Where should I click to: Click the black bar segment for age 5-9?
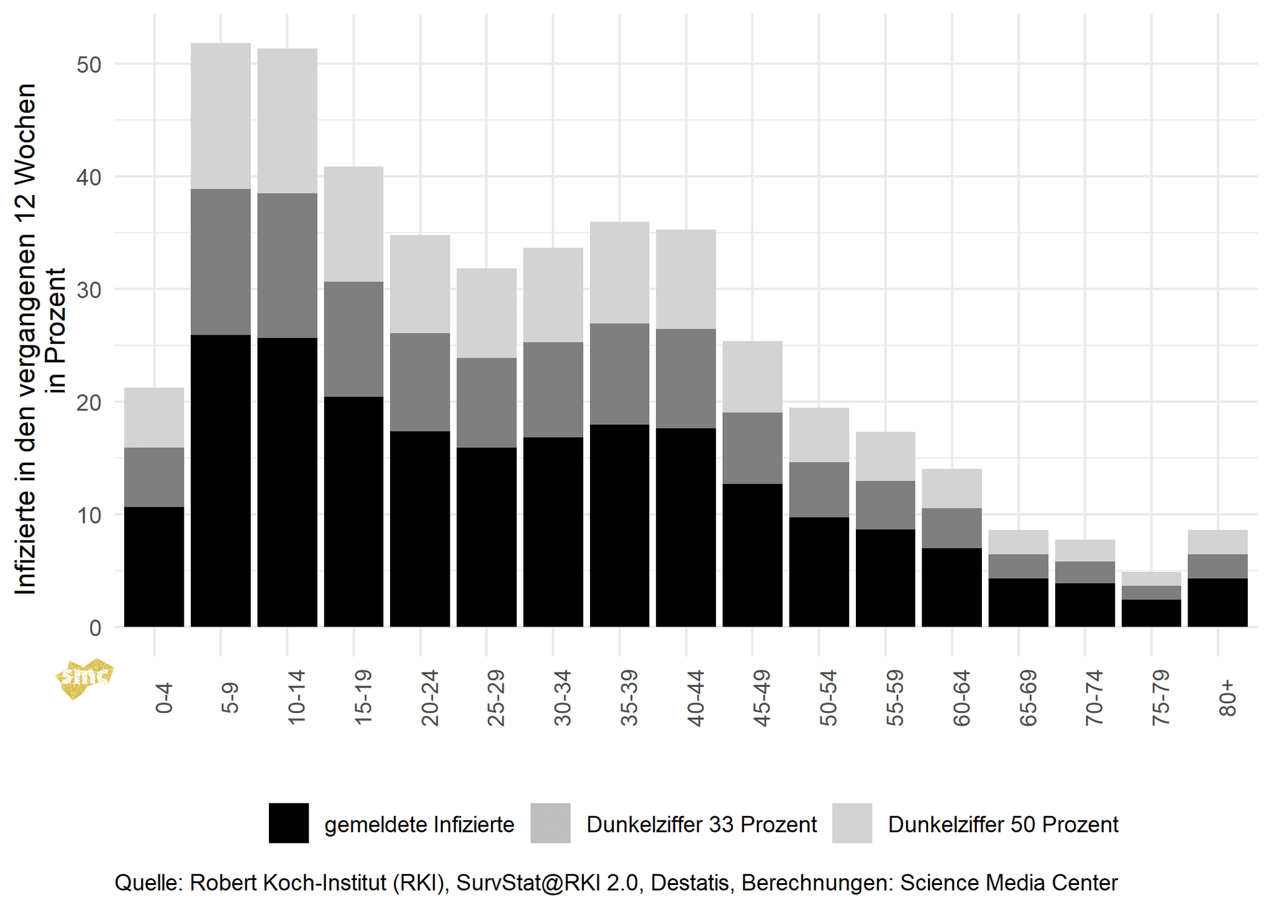[x=220, y=481]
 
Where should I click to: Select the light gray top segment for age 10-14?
[x=287, y=120]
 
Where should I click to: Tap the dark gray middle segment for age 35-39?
[x=619, y=374]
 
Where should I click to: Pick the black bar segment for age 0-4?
[x=154, y=566]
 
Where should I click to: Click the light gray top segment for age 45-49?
[x=752, y=376]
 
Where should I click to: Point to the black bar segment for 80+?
[x=1217, y=602]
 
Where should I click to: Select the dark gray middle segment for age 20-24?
[x=420, y=382]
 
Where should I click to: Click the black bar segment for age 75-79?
[x=1151, y=613]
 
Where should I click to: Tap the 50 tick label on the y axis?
[x=89, y=65]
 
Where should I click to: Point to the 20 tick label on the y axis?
[x=89, y=402]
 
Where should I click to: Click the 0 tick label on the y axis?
[x=95, y=628]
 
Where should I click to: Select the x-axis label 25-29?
[x=496, y=698]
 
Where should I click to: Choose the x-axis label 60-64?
[x=961, y=698]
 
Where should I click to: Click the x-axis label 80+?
[x=1227, y=698]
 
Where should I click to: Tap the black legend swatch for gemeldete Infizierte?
[x=289, y=823]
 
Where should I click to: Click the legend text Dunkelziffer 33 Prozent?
[x=701, y=825]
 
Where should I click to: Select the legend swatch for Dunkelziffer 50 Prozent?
[x=852, y=823]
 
